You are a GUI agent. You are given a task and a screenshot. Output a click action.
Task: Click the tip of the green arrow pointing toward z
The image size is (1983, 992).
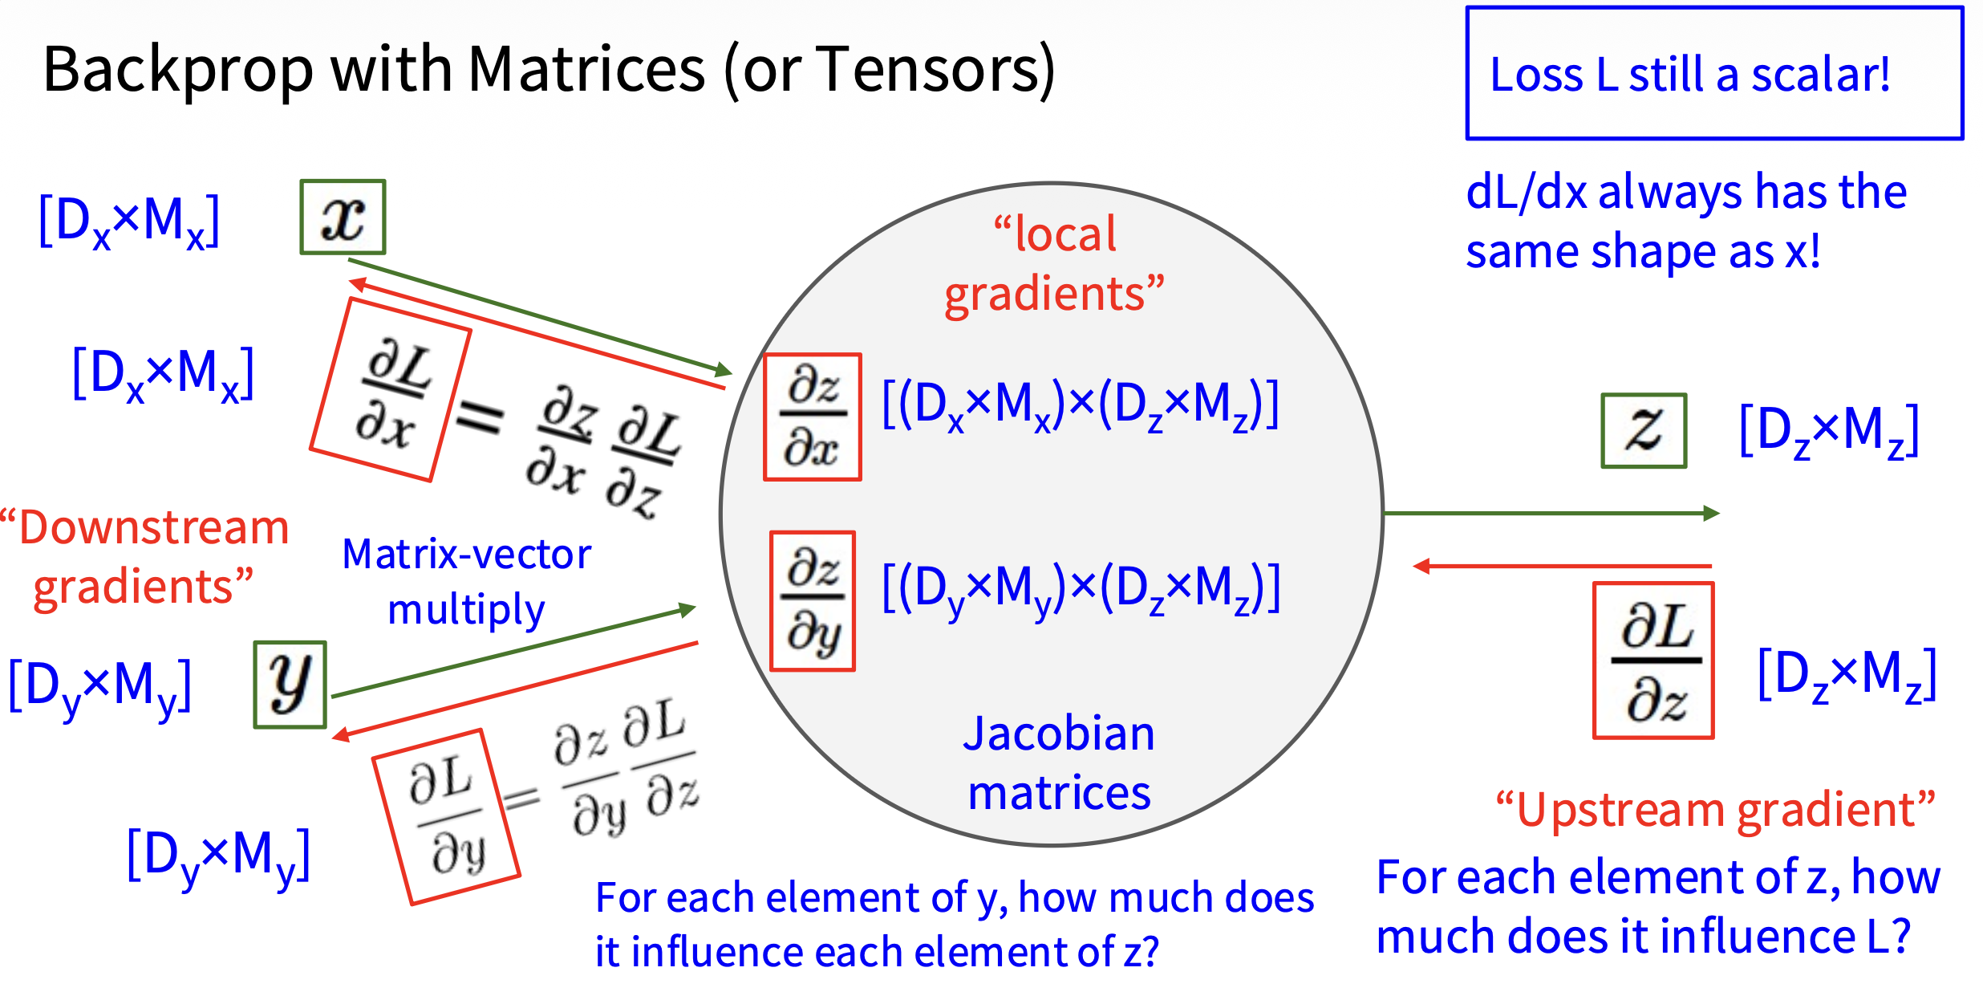[1719, 513]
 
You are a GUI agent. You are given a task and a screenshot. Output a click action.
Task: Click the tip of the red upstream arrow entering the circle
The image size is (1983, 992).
[1413, 567]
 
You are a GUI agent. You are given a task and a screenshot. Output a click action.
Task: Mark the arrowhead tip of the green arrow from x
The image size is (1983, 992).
[732, 372]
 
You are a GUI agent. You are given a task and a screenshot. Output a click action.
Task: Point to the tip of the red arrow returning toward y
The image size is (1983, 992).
[333, 736]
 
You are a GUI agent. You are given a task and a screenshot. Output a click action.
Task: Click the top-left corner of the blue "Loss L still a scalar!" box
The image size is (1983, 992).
[1467, 8]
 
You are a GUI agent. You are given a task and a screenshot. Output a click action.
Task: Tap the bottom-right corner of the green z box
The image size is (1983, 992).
[1686, 466]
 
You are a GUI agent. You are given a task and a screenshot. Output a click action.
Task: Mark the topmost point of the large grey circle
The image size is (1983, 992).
[1052, 183]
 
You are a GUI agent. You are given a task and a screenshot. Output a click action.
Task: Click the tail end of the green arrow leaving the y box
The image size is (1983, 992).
[332, 696]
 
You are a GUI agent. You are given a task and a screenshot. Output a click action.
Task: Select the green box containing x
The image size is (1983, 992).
[343, 217]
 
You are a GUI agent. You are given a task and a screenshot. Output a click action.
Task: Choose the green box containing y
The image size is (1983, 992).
[290, 685]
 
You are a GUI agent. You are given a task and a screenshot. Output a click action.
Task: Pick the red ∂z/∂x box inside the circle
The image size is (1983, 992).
[813, 417]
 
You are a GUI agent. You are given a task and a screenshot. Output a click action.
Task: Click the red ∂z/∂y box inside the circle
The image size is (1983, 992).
[813, 600]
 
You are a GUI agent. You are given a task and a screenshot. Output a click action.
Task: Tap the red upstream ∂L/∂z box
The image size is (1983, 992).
[1653, 660]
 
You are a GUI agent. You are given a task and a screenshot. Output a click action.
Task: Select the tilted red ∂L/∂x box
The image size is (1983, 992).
[391, 389]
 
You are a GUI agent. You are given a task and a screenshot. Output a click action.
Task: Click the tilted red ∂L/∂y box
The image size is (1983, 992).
[446, 817]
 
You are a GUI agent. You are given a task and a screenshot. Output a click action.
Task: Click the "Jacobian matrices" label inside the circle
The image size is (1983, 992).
[1059, 762]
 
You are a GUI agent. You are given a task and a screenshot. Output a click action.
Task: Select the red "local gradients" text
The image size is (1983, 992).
[1054, 264]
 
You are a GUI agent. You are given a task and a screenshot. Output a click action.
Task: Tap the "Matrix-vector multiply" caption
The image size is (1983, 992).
[467, 582]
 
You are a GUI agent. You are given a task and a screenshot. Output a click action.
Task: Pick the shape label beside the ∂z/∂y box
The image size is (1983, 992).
[1081, 589]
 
